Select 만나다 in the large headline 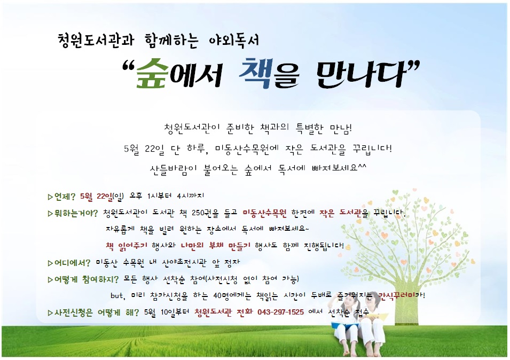(x=360, y=74)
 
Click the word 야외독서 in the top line (x=234, y=40)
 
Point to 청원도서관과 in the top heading (x=96, y=40)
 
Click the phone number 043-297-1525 (x=281, y=312)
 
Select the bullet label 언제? (x=65, y=197)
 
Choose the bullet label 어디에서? (x=72, y=263)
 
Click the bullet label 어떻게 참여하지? (x=87, y=279)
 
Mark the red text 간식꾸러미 (x=397, y=295)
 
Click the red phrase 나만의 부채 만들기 (x=216, y=246)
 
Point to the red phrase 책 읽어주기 (x=127, y=246)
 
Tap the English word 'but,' (x=117, y=295)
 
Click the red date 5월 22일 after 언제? (x=96, y=197)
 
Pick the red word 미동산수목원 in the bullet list (x=264, y=213)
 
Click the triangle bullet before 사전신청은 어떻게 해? (x=50, y=313)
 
